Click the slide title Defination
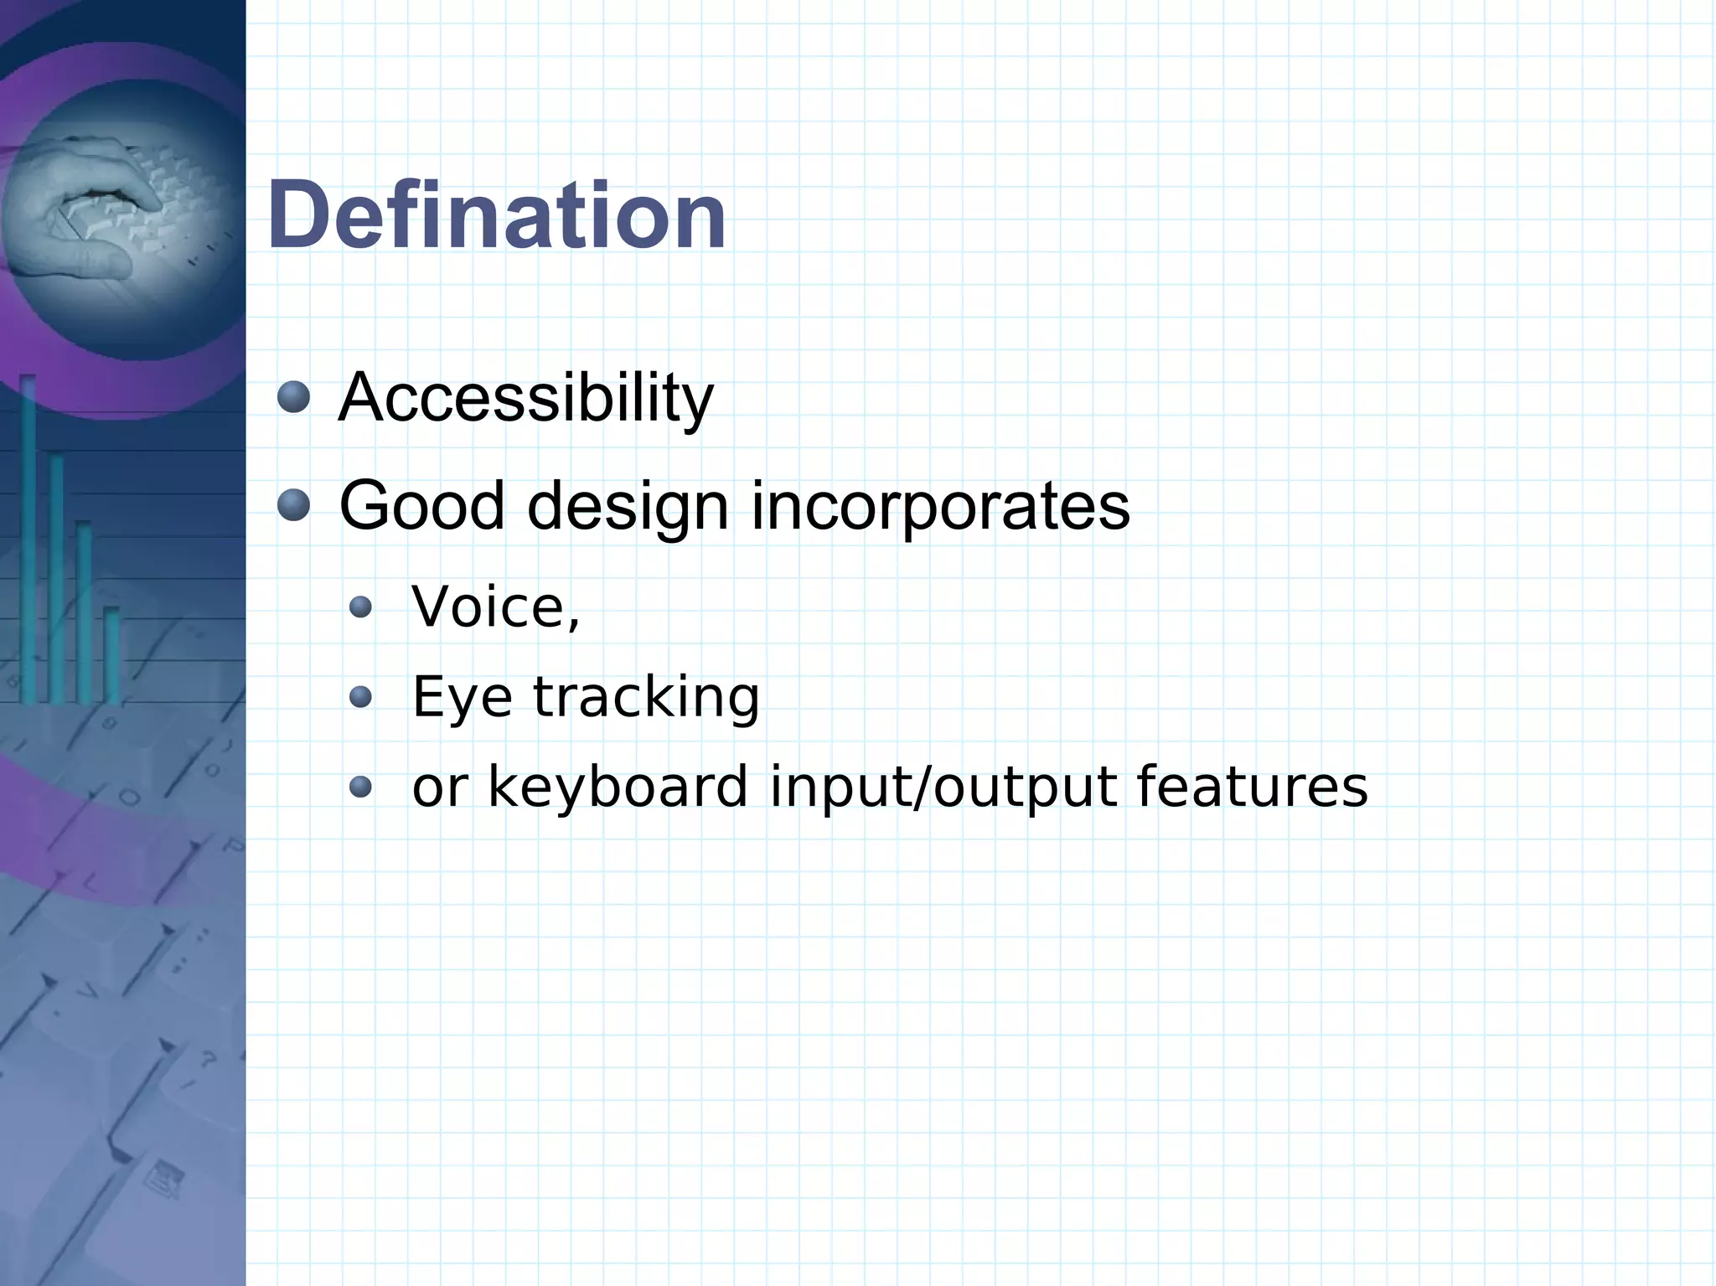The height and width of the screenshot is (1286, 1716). (x=496, y=216)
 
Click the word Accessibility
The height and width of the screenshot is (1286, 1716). (x=525, y=398)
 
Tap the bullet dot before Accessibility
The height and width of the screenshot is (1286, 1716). (x=293, y=396)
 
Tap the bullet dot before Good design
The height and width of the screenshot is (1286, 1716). (x=293, y=505)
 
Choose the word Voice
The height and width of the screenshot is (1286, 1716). (x=489, y=607)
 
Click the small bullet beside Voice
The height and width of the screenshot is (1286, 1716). (x=360, y=607)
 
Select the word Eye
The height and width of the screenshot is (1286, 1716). (x=462, y=697)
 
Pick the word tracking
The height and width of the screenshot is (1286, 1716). (x=646, y=697)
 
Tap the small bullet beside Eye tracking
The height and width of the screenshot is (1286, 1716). (x=360, y=696)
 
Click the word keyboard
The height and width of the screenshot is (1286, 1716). (x=618, y=787)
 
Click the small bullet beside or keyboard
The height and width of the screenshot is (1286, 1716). (x=360, y=786)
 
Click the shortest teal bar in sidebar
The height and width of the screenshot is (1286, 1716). (x=111, y=653)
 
